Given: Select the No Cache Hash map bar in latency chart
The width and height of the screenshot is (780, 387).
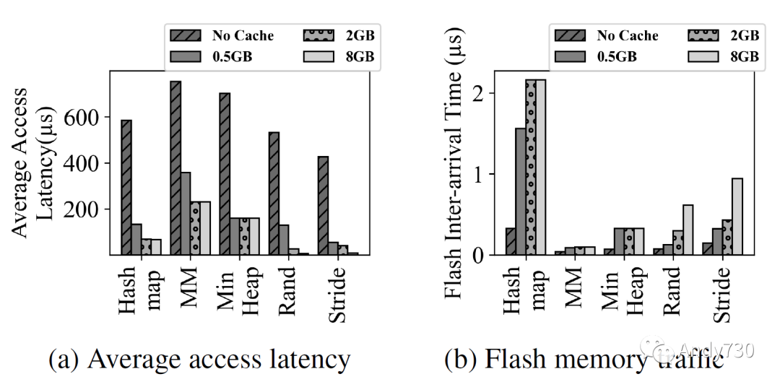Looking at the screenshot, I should pyautogui.click(x=126, y=187).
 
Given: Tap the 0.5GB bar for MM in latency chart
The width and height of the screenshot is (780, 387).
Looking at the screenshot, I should pyautogui.click(x=186, y=213).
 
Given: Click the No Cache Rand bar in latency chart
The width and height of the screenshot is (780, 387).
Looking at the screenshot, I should pyautogui.click(x=274, y=193).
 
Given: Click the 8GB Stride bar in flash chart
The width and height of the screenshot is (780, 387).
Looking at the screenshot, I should pyautogui.click(x=737, y=216).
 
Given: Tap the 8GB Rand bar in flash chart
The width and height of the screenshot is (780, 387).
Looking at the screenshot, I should pyautogui.click(x=688, y=230).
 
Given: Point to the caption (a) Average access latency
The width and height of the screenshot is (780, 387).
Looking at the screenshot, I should pyautogui.click(x=199, y=359).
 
